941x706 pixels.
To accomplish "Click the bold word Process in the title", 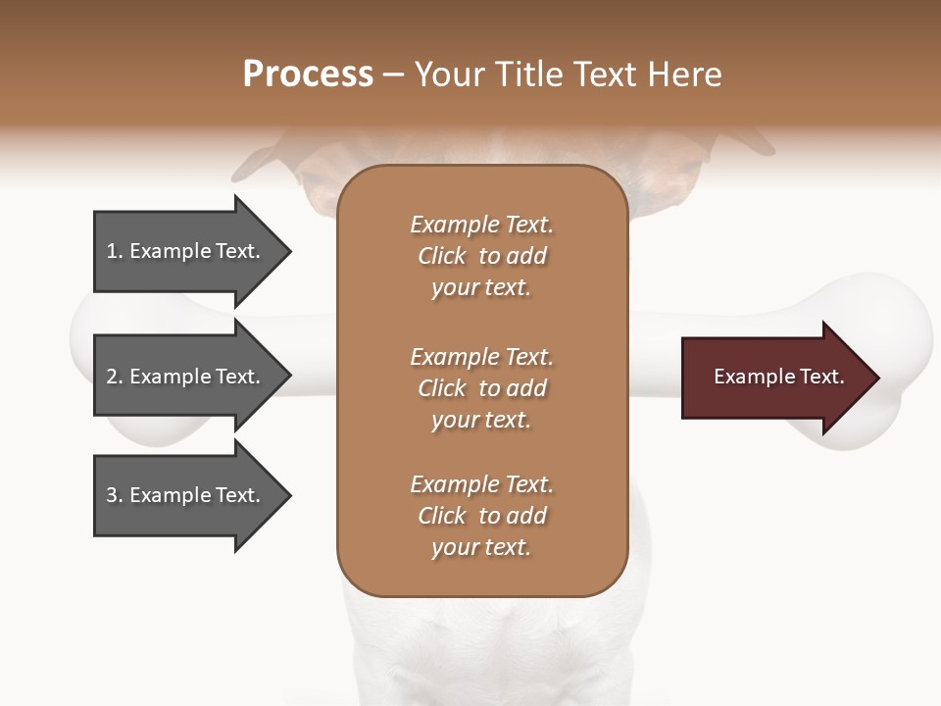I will click(x=308, y=75).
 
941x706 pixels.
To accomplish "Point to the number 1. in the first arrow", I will click(x=115, y=251).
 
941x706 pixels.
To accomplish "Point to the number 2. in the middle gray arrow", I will click(x=115, y=377).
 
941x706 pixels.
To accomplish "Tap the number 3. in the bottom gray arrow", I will click(x=115, y=495).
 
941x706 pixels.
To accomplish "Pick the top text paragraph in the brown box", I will click(x=481, y=256).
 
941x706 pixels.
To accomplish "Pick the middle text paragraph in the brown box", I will click(x=481, y=387).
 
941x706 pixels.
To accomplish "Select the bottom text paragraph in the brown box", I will click(x=481, y=516).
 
